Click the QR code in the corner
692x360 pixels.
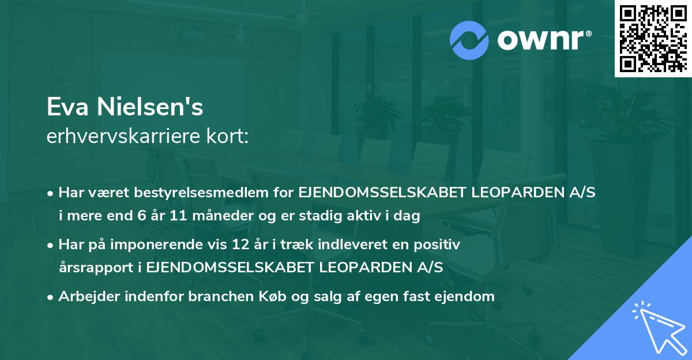653,39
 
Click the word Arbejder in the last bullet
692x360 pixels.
86,297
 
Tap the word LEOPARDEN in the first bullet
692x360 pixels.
508,193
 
